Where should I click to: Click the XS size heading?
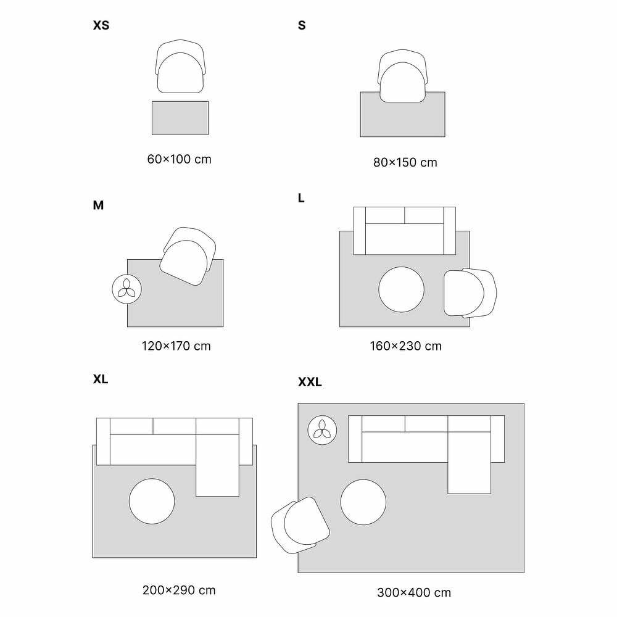(x=101, y=25)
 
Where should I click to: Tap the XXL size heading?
(x=310, y=382)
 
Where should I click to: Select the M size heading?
(x=98, y=205)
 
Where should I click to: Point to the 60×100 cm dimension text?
(x=179, y=159)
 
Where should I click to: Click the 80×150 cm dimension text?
(x=405, y=162)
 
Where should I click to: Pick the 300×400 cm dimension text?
(x=414, y=592)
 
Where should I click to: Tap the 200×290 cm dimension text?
(x=179, y=590)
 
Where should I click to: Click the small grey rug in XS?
(x=180, y=118)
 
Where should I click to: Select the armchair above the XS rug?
(x=180, y=67)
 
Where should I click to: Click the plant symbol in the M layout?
(x=126, y=289)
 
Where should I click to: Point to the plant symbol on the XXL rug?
(x=322, y=430)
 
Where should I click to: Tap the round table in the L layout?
(x=402, y=289)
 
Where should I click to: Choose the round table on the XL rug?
(x=152, y=501)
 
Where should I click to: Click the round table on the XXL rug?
(x=363, y=502)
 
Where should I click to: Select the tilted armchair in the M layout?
(x=188, y=256)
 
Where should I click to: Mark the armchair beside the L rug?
(x=470, y=293)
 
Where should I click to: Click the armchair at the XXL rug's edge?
(x=300, y=525)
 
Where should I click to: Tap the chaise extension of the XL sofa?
(x=218, y=465)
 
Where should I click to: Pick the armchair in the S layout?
(x=402, y=76)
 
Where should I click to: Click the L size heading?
(x=301, y=198)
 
